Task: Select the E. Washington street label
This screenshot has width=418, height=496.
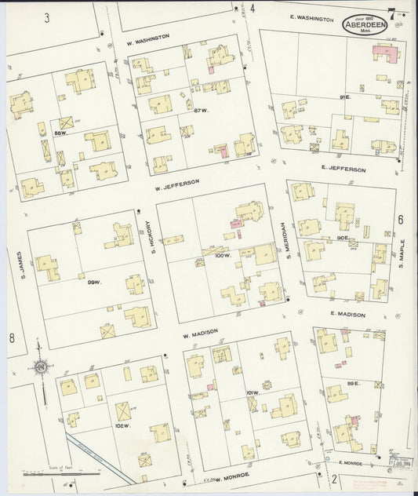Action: point(311,18)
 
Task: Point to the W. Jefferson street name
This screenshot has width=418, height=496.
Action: point(176,184)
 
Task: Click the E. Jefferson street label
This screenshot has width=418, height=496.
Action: point(343,169)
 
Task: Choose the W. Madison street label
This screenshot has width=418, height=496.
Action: point(200,334)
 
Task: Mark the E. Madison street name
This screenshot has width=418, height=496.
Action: point(347,315)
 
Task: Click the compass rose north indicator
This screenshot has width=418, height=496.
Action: point(38,367)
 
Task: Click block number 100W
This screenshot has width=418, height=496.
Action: point(224,257)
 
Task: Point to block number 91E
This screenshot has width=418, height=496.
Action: point(344,97)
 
